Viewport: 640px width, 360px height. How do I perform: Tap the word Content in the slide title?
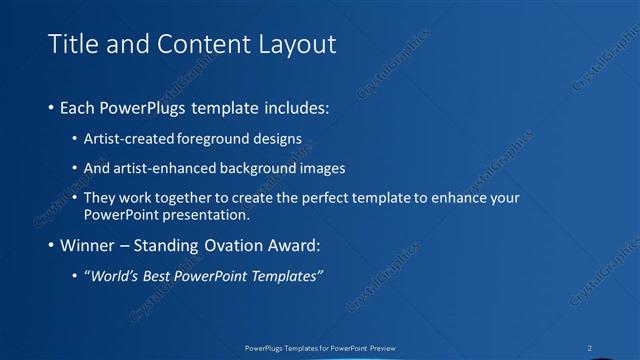tap(190, 44)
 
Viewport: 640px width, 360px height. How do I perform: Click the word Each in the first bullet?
tap(78, 105)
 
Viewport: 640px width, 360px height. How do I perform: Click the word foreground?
tap(221, 137)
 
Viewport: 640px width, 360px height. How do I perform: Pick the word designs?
tap(280, 137)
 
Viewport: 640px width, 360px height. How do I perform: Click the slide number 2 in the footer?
tap(590, 348)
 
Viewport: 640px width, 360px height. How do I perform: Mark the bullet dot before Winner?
tap(51, 245)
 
